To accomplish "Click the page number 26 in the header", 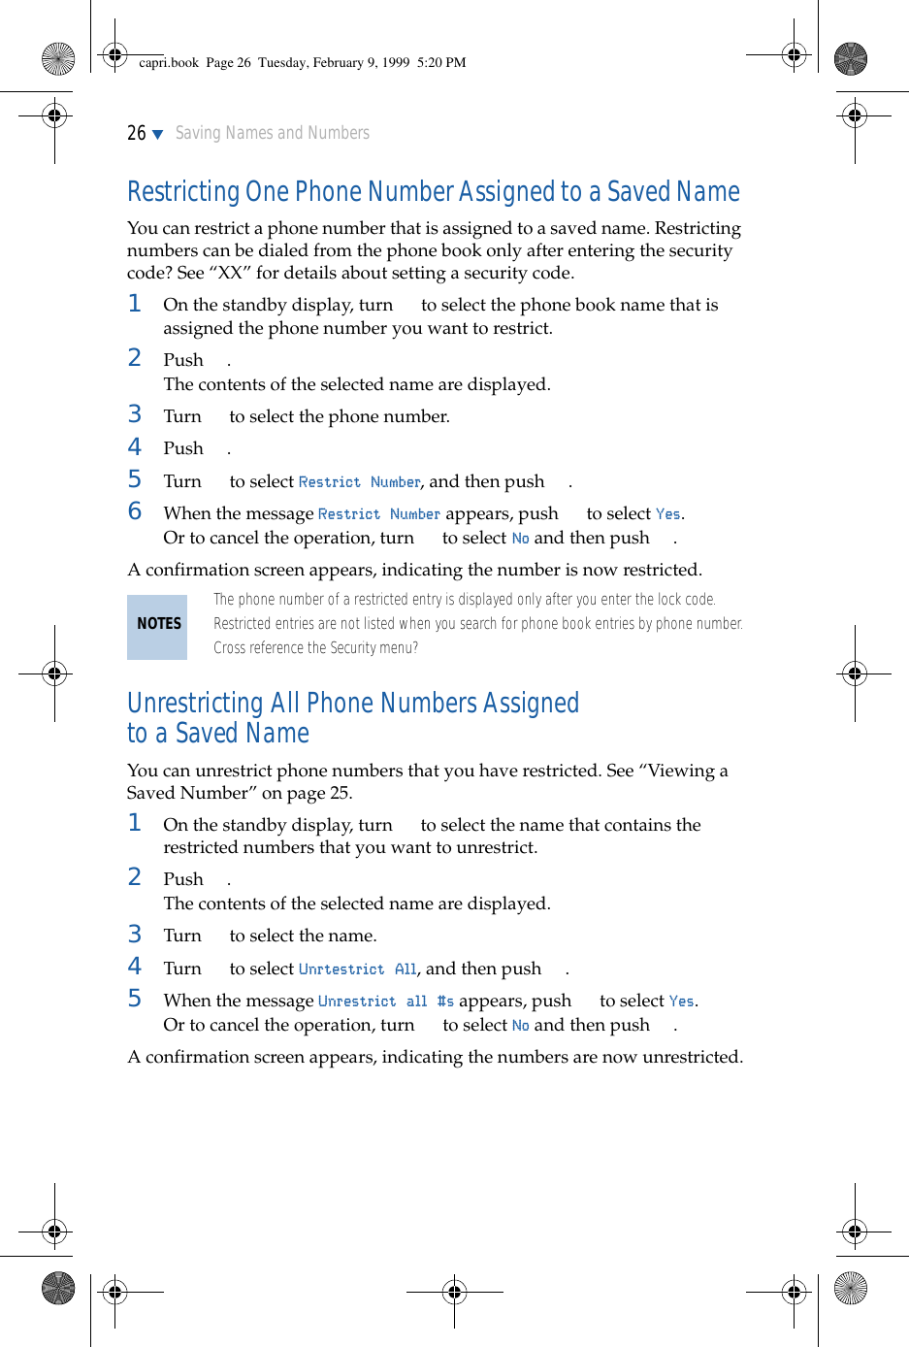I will tap(137, 133).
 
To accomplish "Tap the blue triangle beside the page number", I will tap(158, 135).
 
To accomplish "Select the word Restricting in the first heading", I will tap(183, 192).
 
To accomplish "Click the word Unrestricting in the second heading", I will tap(195, 703).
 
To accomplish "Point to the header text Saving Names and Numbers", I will tap(273, 133).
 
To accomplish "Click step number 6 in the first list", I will tap(135, 511).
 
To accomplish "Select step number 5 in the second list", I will tap(135, 999).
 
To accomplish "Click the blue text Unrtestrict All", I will tap(357, 969).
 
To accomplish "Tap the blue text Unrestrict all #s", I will tap(385, 1002).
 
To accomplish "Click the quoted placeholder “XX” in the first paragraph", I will tap(230, 273).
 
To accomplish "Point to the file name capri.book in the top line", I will tap(169, 63).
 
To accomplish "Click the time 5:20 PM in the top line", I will tap(441, 63).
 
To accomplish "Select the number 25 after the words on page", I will tap(340, 793).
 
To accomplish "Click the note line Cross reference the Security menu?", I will tap(315, 648).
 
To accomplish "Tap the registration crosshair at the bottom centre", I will tap(454, 1292).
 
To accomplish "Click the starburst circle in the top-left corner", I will tap(58, 59).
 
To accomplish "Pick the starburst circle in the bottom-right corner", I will tap(851, 1288).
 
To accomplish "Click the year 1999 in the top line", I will tap(396, 63).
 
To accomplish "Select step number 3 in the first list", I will tap(135, 414).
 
